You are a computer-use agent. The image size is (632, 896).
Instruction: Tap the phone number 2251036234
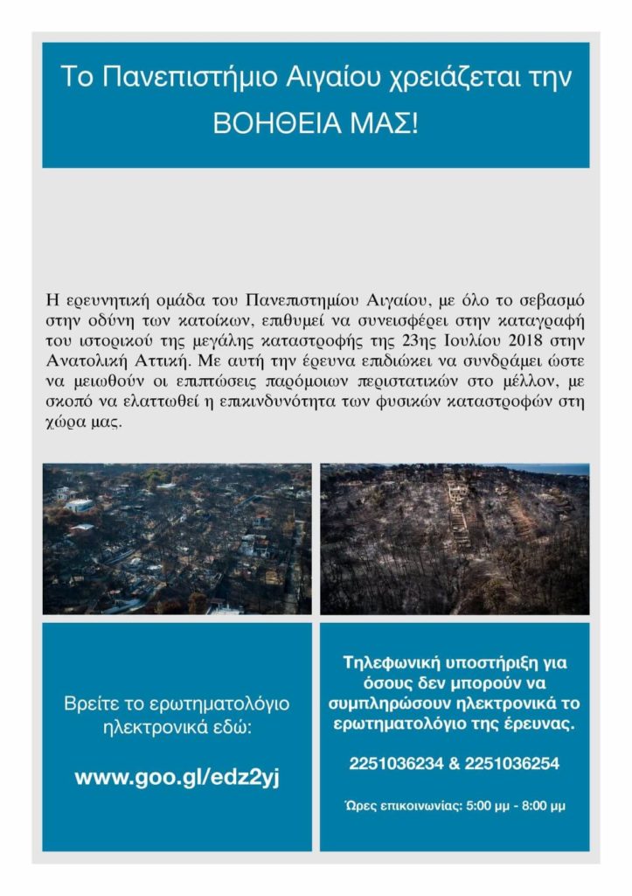point(392,764)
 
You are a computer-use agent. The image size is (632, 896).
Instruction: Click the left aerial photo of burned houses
point(177,539)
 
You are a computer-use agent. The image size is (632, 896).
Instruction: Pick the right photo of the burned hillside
point(455,539)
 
